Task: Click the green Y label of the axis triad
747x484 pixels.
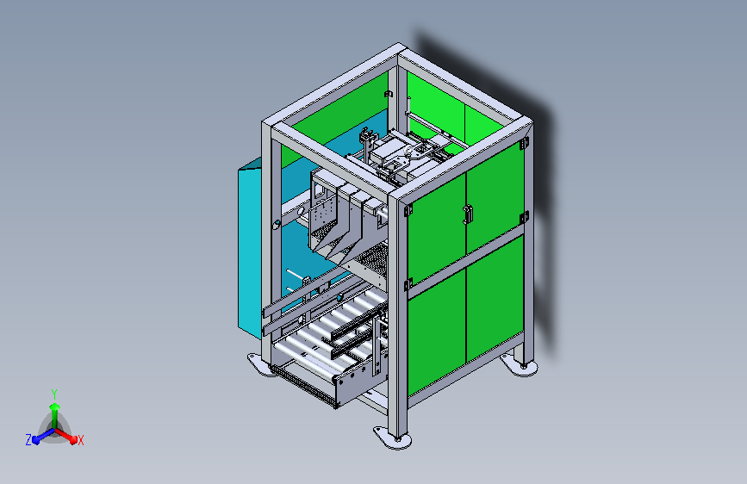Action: pos(54,391)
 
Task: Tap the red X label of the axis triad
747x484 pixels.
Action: pos(80,440)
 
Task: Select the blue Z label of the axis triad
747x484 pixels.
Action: pos(28,440)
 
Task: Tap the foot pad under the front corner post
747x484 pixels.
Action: pos(393,437)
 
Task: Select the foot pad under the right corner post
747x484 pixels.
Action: pos(524,368)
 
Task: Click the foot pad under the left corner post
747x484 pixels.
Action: pos(258,366)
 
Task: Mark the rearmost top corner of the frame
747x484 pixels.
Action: pos(399,50)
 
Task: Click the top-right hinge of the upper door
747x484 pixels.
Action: pos(525,143)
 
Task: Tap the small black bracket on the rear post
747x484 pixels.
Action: pos(389,93)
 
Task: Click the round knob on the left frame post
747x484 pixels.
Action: pos(276,225)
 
